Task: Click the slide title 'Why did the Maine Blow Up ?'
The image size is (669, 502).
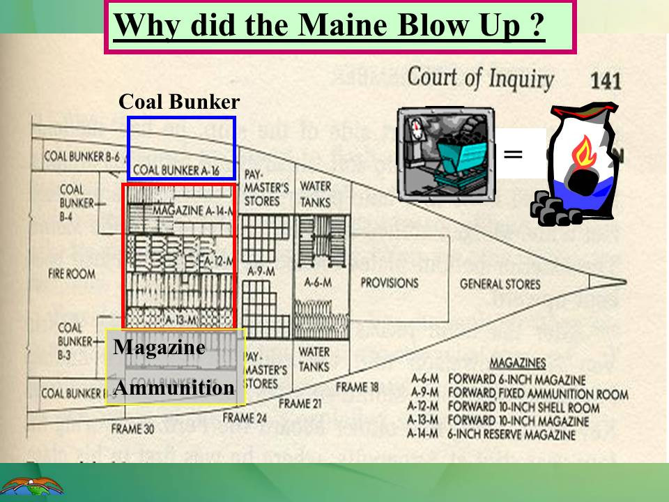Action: pyautogui.click(x=328, y=26)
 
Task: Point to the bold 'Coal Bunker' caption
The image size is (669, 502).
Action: pyautogui.click(x=179, y=102)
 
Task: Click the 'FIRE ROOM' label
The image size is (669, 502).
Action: pyautogui.click(x=72, y=274)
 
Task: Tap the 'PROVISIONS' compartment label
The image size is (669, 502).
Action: pyautogui.click(x=389, y=283)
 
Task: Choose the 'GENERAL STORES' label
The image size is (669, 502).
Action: pyautogui.click(x=500, y=284)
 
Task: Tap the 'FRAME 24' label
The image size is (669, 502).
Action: pyautogui.click(x=245, y=418)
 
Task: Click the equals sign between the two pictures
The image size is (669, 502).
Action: pyautogui.click(x=512, y=154)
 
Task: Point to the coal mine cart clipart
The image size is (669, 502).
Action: pyautogui.click(x=447, y=154)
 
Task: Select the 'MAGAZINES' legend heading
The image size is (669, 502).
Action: pyautogui.click(x=517, y=363)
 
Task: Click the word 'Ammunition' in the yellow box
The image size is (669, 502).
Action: pyautogui.click(x=174, y=388)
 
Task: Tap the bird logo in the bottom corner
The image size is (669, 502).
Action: pyautogui.click(x=31, y=485)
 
